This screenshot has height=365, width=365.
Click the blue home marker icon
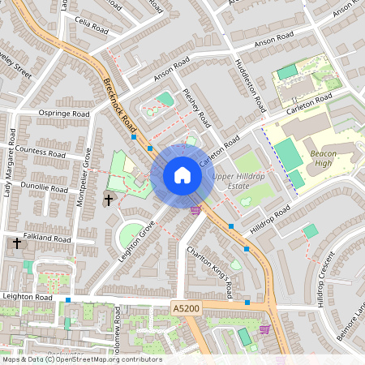tap(182, 174)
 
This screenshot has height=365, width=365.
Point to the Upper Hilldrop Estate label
tap(235, 181)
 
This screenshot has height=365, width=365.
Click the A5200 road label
tap(186, 308)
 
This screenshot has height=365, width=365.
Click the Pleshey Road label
tap(197, 108)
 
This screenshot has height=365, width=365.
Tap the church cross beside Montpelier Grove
tap(109, 200)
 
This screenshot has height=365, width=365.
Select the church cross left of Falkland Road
tap(17, 243)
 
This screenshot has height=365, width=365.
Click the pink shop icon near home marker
tap(195, 210)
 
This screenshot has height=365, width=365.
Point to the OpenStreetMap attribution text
tap(81, 359)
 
